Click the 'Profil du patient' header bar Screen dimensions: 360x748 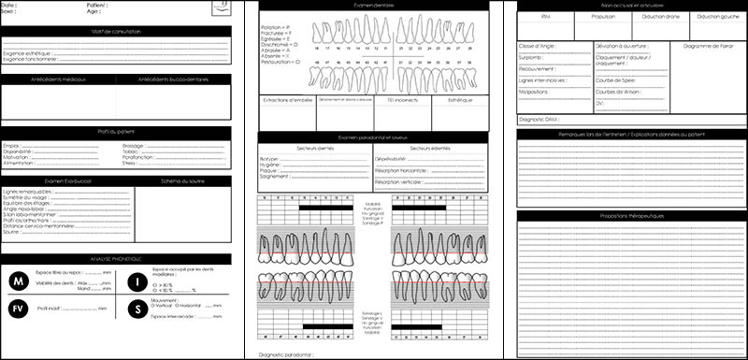(117, 133)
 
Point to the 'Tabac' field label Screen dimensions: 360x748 (130, 151)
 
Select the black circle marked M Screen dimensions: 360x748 (18, 281)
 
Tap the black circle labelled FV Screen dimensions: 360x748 (18, 308)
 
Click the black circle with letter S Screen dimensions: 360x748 (137, 308)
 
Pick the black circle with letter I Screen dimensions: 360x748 (137, 281)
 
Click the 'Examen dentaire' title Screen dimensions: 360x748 (374, 6)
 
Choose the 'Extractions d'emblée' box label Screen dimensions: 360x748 (286, 99)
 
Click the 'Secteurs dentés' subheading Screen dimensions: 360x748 (316, 149)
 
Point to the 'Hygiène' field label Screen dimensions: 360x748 (272, 165)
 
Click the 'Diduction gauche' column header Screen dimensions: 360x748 (714, 17)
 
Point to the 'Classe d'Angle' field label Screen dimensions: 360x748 (536, 45)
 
